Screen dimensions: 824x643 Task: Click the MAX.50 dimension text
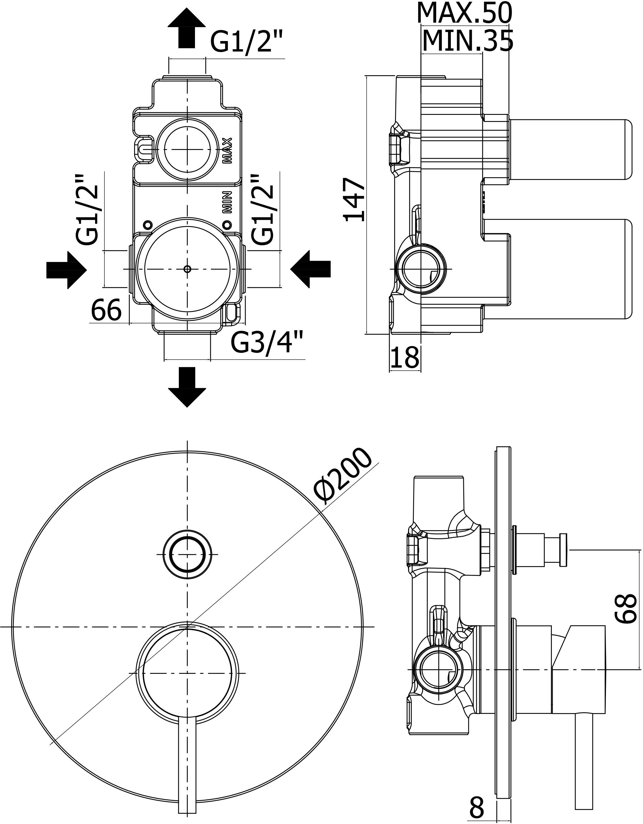pyautogui.click(x=464, y=14)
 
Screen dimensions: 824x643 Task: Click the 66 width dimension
pyautogui.click(x=106, y=310)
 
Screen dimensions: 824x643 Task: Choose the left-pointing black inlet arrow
pyautogui.click(x=310, y=270)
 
